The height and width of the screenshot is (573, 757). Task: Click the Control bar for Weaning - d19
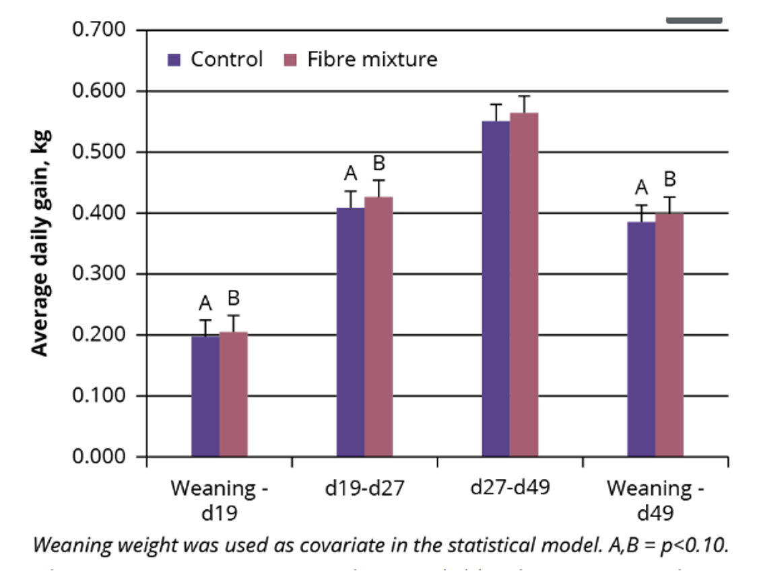[x=205, y=396]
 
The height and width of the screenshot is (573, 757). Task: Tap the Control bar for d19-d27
[x=350, y=332]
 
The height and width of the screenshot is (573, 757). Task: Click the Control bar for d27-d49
[x=496, y=289]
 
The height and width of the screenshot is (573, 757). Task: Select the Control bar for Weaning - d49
[x=641, y=339]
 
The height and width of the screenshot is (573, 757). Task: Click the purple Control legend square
[x=175, y=60]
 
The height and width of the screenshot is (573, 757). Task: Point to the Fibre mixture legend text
[x=372, y=59]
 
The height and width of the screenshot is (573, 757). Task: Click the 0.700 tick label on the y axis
[x=100, y=30]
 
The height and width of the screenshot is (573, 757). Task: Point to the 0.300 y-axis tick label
[x=100, y=274]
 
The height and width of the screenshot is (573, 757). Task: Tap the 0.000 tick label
[x=100, y=457]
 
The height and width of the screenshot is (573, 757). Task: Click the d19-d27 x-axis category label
[x=364, y=488]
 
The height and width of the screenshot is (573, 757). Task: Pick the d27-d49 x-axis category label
[x=510, y=487]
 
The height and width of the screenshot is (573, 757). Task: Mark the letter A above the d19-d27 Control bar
[x=350, y=174]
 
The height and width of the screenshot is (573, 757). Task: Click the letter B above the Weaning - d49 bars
[x=669, y=180]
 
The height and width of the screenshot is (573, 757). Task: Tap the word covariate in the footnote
[x=338, y=545]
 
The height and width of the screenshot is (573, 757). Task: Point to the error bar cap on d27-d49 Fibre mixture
[x=524, y=96]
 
